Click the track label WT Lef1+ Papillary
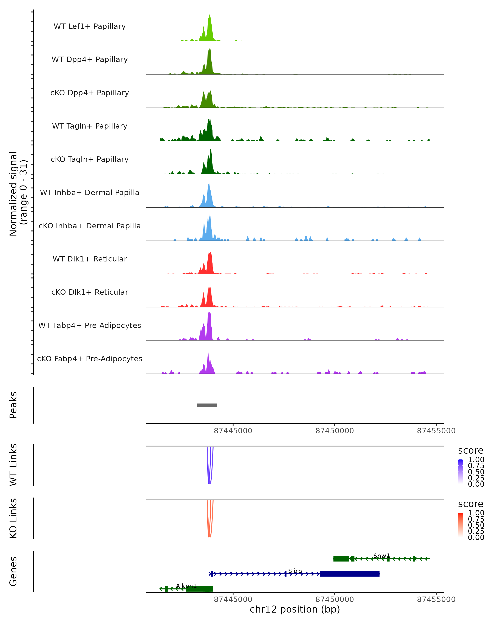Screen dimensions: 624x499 (90, 26)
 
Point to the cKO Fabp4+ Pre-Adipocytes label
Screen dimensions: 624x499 (90, 359)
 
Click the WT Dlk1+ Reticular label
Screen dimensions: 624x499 (90, 259)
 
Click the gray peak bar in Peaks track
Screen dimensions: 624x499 (207, 405)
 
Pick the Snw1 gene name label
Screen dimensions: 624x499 (381, 556)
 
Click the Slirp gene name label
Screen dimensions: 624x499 (295, 571)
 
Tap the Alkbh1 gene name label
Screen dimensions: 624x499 (186, 586)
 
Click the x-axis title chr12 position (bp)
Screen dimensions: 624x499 (295, 609)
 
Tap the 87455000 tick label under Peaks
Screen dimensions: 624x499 (436, 431)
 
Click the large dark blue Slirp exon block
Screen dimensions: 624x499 (350, 574)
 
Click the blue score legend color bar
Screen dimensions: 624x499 (461, 472)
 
